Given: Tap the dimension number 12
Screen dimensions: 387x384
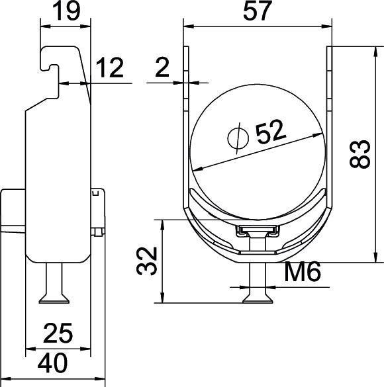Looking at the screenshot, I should coord(109,68).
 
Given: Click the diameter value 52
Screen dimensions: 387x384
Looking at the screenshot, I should coord(271,133).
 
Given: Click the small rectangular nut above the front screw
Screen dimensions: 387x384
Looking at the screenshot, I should coord(256,231).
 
